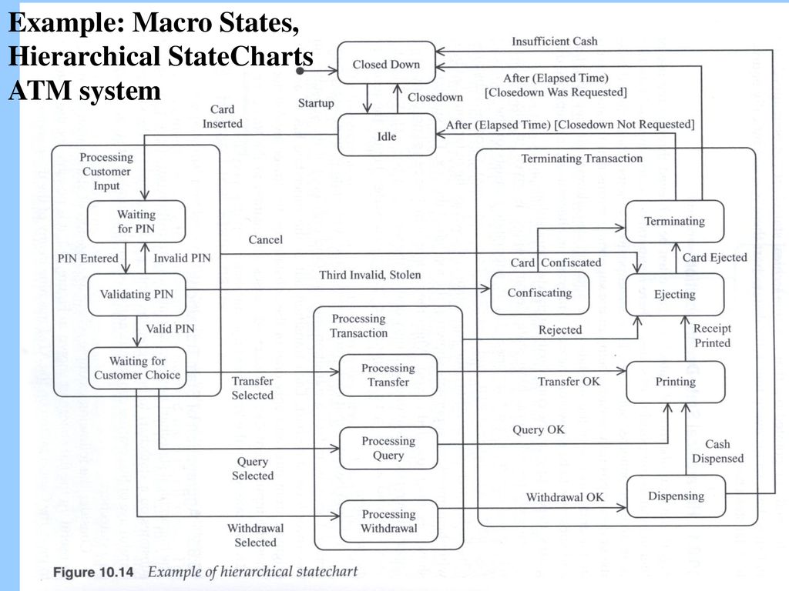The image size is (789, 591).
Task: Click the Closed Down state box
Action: click(x=386, y=63)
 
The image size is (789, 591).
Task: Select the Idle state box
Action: click(x=387, y=135)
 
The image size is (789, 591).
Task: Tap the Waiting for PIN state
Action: click(x=136, y=222)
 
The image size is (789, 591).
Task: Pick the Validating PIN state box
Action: click(x=137, y=295)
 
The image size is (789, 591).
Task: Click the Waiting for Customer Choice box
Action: click(x=137, y=369)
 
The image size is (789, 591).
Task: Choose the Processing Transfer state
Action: click(x=388, y=376)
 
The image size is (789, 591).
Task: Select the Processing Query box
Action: click(x=388, y=449)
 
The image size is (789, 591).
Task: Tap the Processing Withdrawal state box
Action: click(x=389, y=521)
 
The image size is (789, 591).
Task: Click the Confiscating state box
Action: click(x=539, y=293)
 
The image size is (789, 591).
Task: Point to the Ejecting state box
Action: click(x=675, y=295)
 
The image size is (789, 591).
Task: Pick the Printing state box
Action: click(x=676, y=382)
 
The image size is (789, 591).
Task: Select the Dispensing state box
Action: click(x=677, y=496)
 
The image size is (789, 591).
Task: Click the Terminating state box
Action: click(x=674, y=222)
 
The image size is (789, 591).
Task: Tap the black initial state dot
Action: click(x=300, y=71)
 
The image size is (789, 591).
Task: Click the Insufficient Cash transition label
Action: click(x=555, y=42)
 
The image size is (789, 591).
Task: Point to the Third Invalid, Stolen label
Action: click(x=370, y=275)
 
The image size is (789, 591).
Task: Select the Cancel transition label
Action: click(x=266, y=240)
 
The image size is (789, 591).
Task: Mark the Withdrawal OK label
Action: click(x=565, y=497)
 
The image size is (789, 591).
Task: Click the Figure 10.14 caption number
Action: click(x=93, y=573)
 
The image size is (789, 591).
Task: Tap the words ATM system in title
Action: click(x=85, y=91)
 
